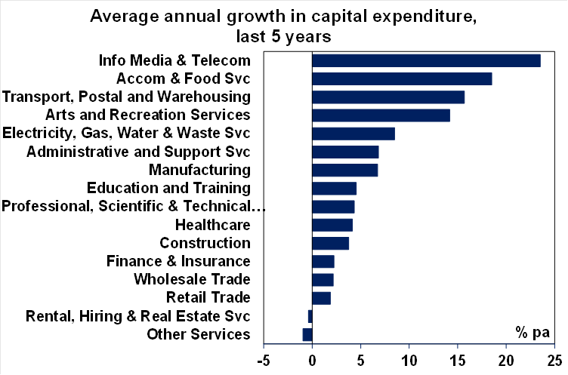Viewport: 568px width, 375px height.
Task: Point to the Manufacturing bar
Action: tap(344, 170)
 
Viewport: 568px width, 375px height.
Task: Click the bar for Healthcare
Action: tap(332, 225)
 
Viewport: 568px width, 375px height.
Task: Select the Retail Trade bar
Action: tap(321, 298)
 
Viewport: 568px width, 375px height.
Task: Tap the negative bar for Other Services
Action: tap(307, 334)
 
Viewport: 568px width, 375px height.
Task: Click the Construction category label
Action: tap(205, 243)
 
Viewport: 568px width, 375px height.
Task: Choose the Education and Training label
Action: tap(168, 188)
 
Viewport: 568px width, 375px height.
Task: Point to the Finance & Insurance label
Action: tap(178, 261)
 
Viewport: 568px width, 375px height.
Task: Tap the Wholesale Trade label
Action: tap(192, 279)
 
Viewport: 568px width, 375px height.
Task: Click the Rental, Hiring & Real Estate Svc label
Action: tap(137, 316)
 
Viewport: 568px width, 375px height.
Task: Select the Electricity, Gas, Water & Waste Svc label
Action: tap(126, 134)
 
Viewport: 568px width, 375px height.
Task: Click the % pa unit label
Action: tap(532, 331)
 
